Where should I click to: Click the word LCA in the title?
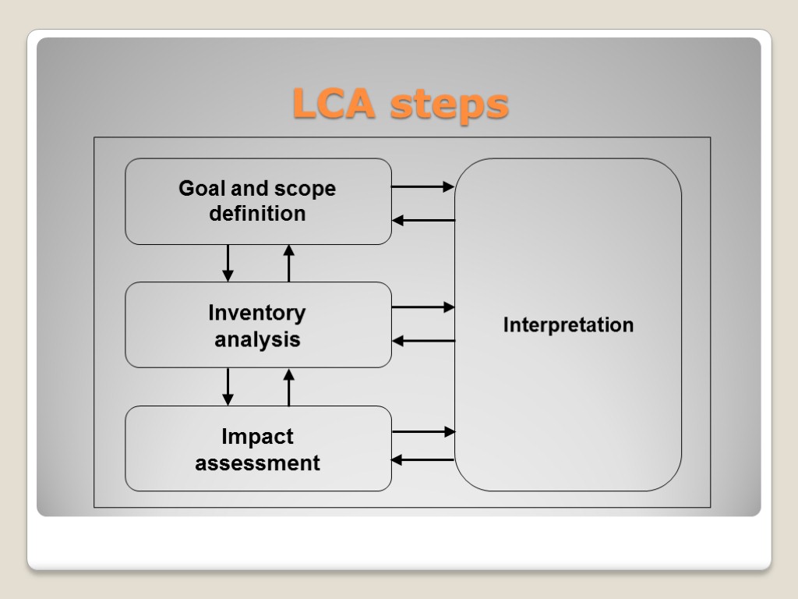click(336, 105)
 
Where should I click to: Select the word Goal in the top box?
click(200, 189)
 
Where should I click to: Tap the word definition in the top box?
click(257, 214)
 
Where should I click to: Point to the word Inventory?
click(257, 313)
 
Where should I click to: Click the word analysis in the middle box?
click(257, 340)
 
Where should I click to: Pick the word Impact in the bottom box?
click(257, 437)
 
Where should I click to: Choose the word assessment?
click(257, 463)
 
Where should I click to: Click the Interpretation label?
click(568, 324)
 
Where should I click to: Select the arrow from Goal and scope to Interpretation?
click(422, 187)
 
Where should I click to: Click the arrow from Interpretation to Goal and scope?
click(422, 221)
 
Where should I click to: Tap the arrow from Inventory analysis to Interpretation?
click(422, 307)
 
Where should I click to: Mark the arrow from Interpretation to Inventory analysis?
click(422, 341)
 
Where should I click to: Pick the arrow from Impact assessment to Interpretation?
click(422, 431)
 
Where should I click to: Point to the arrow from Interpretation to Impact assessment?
click(422, 460)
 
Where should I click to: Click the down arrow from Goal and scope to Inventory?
click(228, 263)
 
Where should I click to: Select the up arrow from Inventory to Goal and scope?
click(289, 263)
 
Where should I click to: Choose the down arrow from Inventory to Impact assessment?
click(228, 387)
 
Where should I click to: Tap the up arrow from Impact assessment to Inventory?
click(289, 387)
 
